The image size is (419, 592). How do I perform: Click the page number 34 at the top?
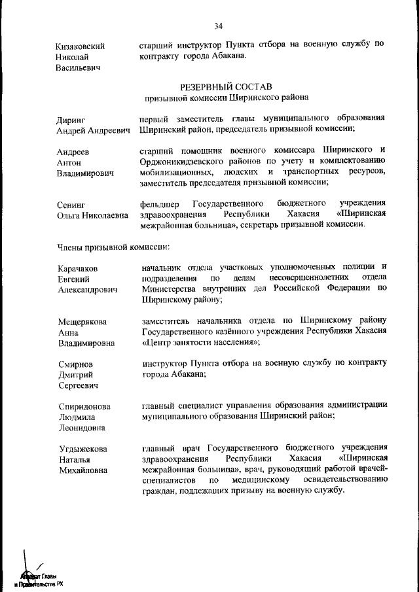(218, 26)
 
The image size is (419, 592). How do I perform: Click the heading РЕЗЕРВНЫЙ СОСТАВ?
(226, 86)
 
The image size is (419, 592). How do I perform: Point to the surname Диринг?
(71, 120)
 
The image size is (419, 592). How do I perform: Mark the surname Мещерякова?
(82, 321)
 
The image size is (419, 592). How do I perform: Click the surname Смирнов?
(75, 364)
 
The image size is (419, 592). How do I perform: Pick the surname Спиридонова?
(84, 406)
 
